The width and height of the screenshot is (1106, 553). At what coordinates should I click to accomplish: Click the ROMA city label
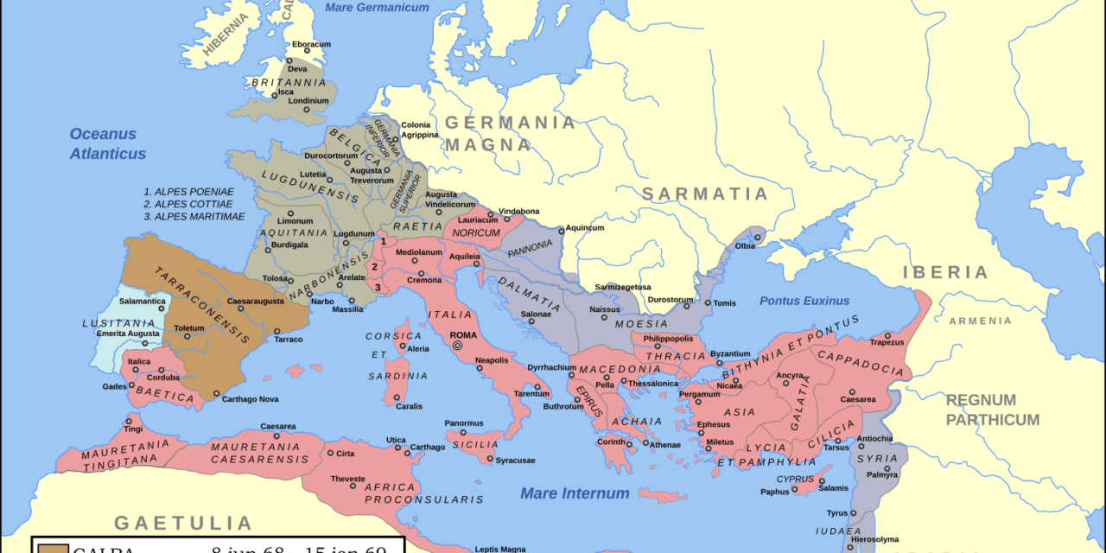(x=463, y=335)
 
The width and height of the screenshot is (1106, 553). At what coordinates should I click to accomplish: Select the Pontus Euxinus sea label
(x=804, y=301)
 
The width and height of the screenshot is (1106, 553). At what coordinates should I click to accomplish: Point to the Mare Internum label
(x=575, y=493)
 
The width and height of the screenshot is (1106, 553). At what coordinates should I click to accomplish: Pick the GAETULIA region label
(x=183, y=523)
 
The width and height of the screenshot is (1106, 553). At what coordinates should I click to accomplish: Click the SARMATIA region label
(x=704, y=194)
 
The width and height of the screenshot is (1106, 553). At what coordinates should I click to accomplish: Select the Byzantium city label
(x=729, y=353)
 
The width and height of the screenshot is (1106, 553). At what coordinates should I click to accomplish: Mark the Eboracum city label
(x=311, y=44)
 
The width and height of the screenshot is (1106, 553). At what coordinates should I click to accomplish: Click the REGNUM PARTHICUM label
(x=992, y=410)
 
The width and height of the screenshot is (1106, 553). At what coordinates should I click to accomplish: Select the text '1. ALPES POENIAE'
(x=189, y=191)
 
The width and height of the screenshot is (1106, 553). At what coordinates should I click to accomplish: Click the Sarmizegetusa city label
(x=623, y=287)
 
